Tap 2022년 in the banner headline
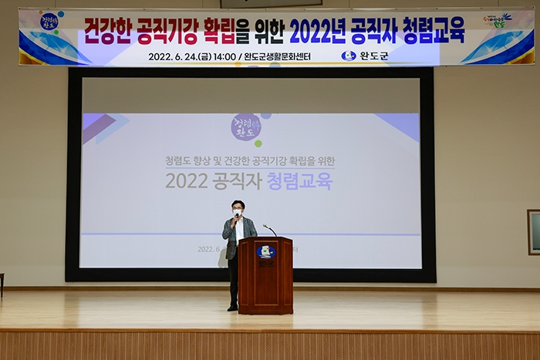[325, 30]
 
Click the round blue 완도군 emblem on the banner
[349, 56]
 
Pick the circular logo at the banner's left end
[49, 22]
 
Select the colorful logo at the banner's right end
[498, 21]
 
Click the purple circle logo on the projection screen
[246, 127]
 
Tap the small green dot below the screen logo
[258, 143]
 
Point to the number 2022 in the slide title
[187, 181]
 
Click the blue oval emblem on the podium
[265, 251]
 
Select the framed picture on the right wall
[534, 231]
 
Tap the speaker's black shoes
[232, 308]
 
